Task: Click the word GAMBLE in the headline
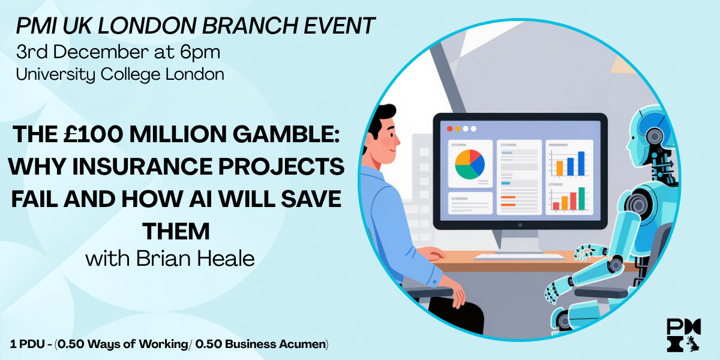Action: point(286,134)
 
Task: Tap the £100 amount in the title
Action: point(93,134)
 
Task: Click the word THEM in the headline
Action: point(176,232)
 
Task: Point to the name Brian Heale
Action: point(196,259)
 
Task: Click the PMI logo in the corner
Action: point(684,335)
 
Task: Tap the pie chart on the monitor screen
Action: point(470,164)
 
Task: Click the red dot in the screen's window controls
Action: point(449,129)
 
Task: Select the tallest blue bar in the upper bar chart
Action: point(581,163)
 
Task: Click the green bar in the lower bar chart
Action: point(581,199)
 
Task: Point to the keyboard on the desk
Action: point(520,257)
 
